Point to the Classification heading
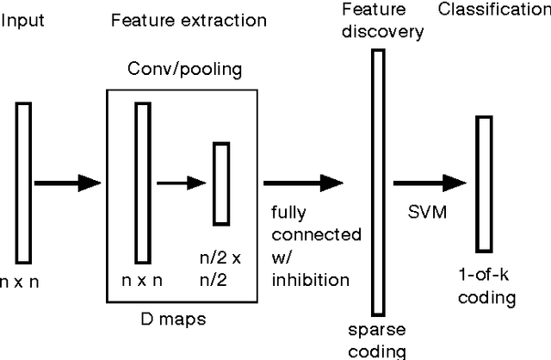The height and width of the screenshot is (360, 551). coord(493,10)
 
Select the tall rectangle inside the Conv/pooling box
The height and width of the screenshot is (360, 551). coord(144,182)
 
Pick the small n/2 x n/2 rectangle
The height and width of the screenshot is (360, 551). coord(222,183)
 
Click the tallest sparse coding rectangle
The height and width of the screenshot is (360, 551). coord(377,182)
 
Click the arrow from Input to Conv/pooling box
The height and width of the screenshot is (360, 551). coord(67,183)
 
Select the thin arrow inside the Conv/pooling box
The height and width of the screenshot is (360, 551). coord(183,183)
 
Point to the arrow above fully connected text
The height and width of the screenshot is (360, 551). coord(303,183)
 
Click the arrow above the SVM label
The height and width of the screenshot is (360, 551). coord(430,183)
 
